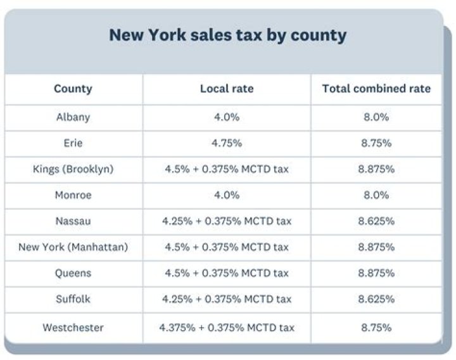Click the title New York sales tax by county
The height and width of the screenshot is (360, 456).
(x=227, y=35)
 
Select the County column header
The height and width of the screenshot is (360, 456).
(x=73, y=89)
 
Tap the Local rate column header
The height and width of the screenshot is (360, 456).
(x=226, y=89)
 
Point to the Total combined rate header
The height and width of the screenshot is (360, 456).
(x=376, y=89)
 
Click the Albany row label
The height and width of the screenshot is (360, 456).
(x=73, y=117)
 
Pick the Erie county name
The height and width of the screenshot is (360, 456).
(x=73, y=143)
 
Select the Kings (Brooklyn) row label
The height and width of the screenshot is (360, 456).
(x=73, y=169)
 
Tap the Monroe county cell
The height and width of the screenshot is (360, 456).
(x=73, y=195)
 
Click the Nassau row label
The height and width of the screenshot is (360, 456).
(x=73, y=221)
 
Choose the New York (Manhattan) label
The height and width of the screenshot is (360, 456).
(x=73, y=247)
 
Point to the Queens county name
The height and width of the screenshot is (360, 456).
(x=73, y=273)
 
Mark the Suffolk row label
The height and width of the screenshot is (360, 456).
(x=73, y=299)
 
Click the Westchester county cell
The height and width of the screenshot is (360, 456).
(x=73, y=328)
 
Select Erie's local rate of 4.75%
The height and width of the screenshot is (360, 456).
(x=226, y=143)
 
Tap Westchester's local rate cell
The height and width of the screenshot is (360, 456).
(x=226, y=328)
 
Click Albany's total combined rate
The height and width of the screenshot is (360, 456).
(x=376, y=117)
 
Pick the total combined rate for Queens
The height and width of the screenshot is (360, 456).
(x=376, y=273)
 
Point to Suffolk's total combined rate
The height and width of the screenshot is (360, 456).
(x=376, y=299)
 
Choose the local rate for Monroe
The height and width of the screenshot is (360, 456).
(x=226, y=195)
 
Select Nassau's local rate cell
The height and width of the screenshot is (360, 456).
(x=226, y=221)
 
